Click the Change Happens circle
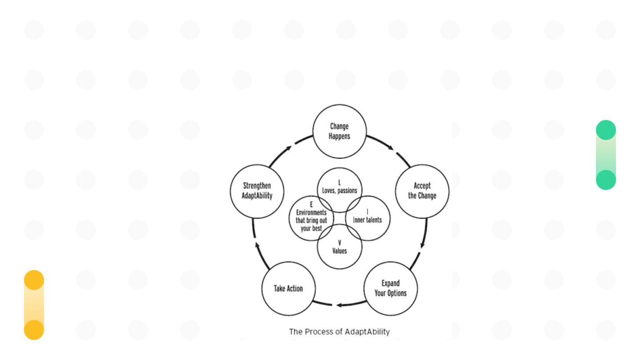[x=340, y=131]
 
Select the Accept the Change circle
[x=422, y=191]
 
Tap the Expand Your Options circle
[x=391, y=288]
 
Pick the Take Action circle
[x=288, y=288]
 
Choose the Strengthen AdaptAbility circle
[x=257, y=191]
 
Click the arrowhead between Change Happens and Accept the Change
[x=391, y=148]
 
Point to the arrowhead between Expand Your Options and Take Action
[x=339, y=305]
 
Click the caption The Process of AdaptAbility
[x=340, y=332]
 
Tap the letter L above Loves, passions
[x=340, y=183]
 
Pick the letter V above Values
[x=340, y=243]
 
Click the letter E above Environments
[x=311, y=204]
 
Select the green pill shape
[x=606, y=155]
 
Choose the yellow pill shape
[x=34, y=305]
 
